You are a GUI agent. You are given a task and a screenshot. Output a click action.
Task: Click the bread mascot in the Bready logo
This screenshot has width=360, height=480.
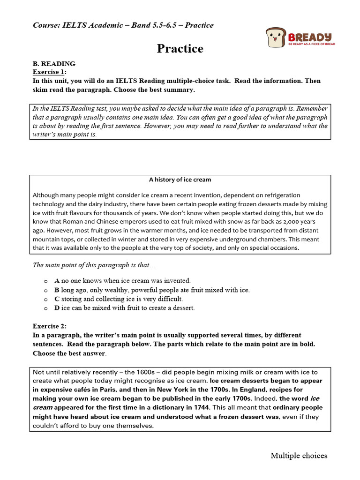pos(274,37)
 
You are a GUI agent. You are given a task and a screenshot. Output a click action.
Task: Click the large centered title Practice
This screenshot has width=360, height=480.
pos(180,49)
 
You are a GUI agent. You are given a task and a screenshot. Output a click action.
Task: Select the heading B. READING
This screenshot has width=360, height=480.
pos(54,64)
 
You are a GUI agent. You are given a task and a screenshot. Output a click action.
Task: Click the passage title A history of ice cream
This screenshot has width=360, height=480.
pos(180,180)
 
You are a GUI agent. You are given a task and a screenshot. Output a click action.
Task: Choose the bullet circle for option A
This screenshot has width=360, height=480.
pos(45,281)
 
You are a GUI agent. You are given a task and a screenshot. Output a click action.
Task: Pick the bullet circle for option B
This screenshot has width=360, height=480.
pos(45,290)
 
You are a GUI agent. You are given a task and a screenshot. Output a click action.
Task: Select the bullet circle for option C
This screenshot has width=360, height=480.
pos(45,299)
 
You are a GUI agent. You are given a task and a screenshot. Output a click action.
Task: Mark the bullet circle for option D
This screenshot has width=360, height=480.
pos(45,308)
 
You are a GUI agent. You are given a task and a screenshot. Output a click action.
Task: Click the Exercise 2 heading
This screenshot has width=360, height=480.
pos(50,326)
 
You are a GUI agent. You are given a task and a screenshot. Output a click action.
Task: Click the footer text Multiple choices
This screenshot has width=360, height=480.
pos(299,456)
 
